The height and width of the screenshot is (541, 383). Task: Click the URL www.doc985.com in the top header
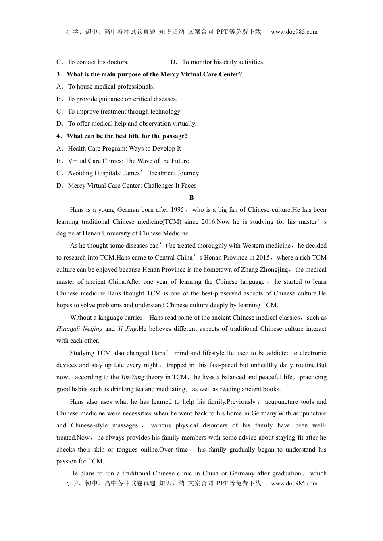pos(294,32)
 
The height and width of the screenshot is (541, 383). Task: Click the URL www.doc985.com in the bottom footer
pos(294,483)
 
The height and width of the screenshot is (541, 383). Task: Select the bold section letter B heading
pos(191,198)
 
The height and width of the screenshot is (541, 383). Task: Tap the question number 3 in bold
pos(58,74)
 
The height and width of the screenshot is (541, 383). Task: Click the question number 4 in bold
pos(58,136)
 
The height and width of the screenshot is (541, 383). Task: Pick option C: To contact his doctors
pos(92,62)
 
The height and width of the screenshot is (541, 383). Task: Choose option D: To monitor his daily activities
pos(217,62)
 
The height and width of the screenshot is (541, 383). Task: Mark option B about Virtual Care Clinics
pos(123,161)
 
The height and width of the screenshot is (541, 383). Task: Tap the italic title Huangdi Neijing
pos(79,329)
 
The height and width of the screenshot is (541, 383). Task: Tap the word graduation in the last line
pos(286,473)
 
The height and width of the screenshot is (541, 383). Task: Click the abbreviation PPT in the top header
pos(222,32)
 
